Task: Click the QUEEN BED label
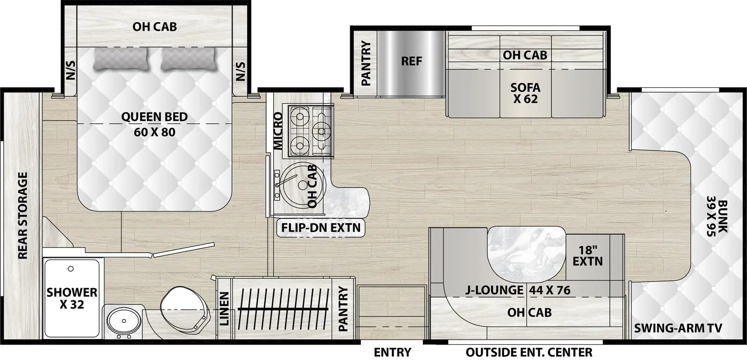coord(154,117)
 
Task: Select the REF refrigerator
coord(411,61)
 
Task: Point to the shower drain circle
coord(71,269)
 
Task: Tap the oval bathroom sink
coord(121,321)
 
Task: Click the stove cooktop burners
coord(310,130)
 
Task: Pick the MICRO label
coord(278,131)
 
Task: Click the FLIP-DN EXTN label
coord(321,228)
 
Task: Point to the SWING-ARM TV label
coord(678,328)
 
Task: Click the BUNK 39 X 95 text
coord(717,219)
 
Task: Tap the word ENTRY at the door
coord(392,352)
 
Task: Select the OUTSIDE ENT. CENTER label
coord(529,352)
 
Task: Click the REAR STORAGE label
coord(22,215)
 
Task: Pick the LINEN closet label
coord(225,309)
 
